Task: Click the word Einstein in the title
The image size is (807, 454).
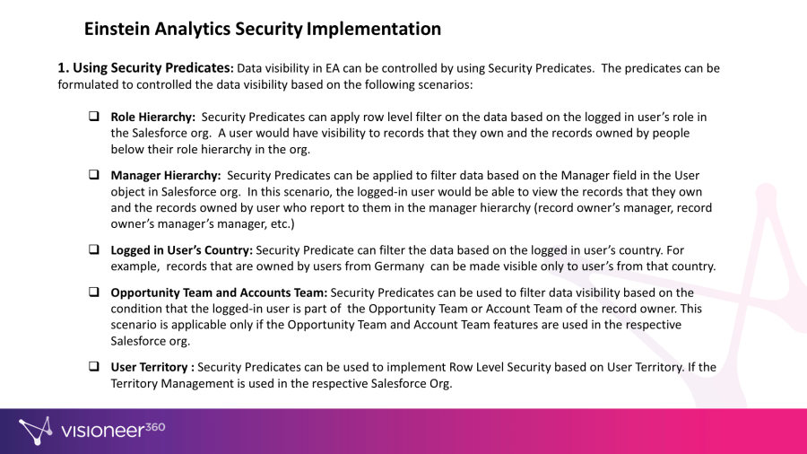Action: [x=117, y=29]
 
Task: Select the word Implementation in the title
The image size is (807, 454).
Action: [x=374, y=30]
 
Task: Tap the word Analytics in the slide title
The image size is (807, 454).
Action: [x=193, y=30]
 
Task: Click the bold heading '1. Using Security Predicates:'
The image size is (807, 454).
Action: [x=145, y=68]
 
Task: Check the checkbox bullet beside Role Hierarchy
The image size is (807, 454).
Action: [x=93, y=116]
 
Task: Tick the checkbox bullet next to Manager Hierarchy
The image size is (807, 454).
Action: [x=93, y=174]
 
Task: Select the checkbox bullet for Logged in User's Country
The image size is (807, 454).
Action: [x=93, y=249]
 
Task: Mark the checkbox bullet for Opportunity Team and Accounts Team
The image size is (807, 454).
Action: [x=93, y=292]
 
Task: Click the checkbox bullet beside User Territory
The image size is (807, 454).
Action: [x=93, y=366]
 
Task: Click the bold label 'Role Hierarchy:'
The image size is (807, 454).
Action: [x=152, y=118]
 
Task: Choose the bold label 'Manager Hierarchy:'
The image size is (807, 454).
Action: [x=166, y=176]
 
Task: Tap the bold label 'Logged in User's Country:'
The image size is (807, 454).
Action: [x=182, y=250]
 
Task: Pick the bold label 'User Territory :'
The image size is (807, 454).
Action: [x=152, y=367]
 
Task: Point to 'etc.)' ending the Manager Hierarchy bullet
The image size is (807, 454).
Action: [x=282, y=224]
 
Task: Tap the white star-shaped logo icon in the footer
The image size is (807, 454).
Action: [x=36, y=431]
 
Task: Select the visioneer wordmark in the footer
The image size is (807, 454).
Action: [x=102, y=431]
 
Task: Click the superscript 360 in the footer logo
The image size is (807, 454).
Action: [x=155, y=427]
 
